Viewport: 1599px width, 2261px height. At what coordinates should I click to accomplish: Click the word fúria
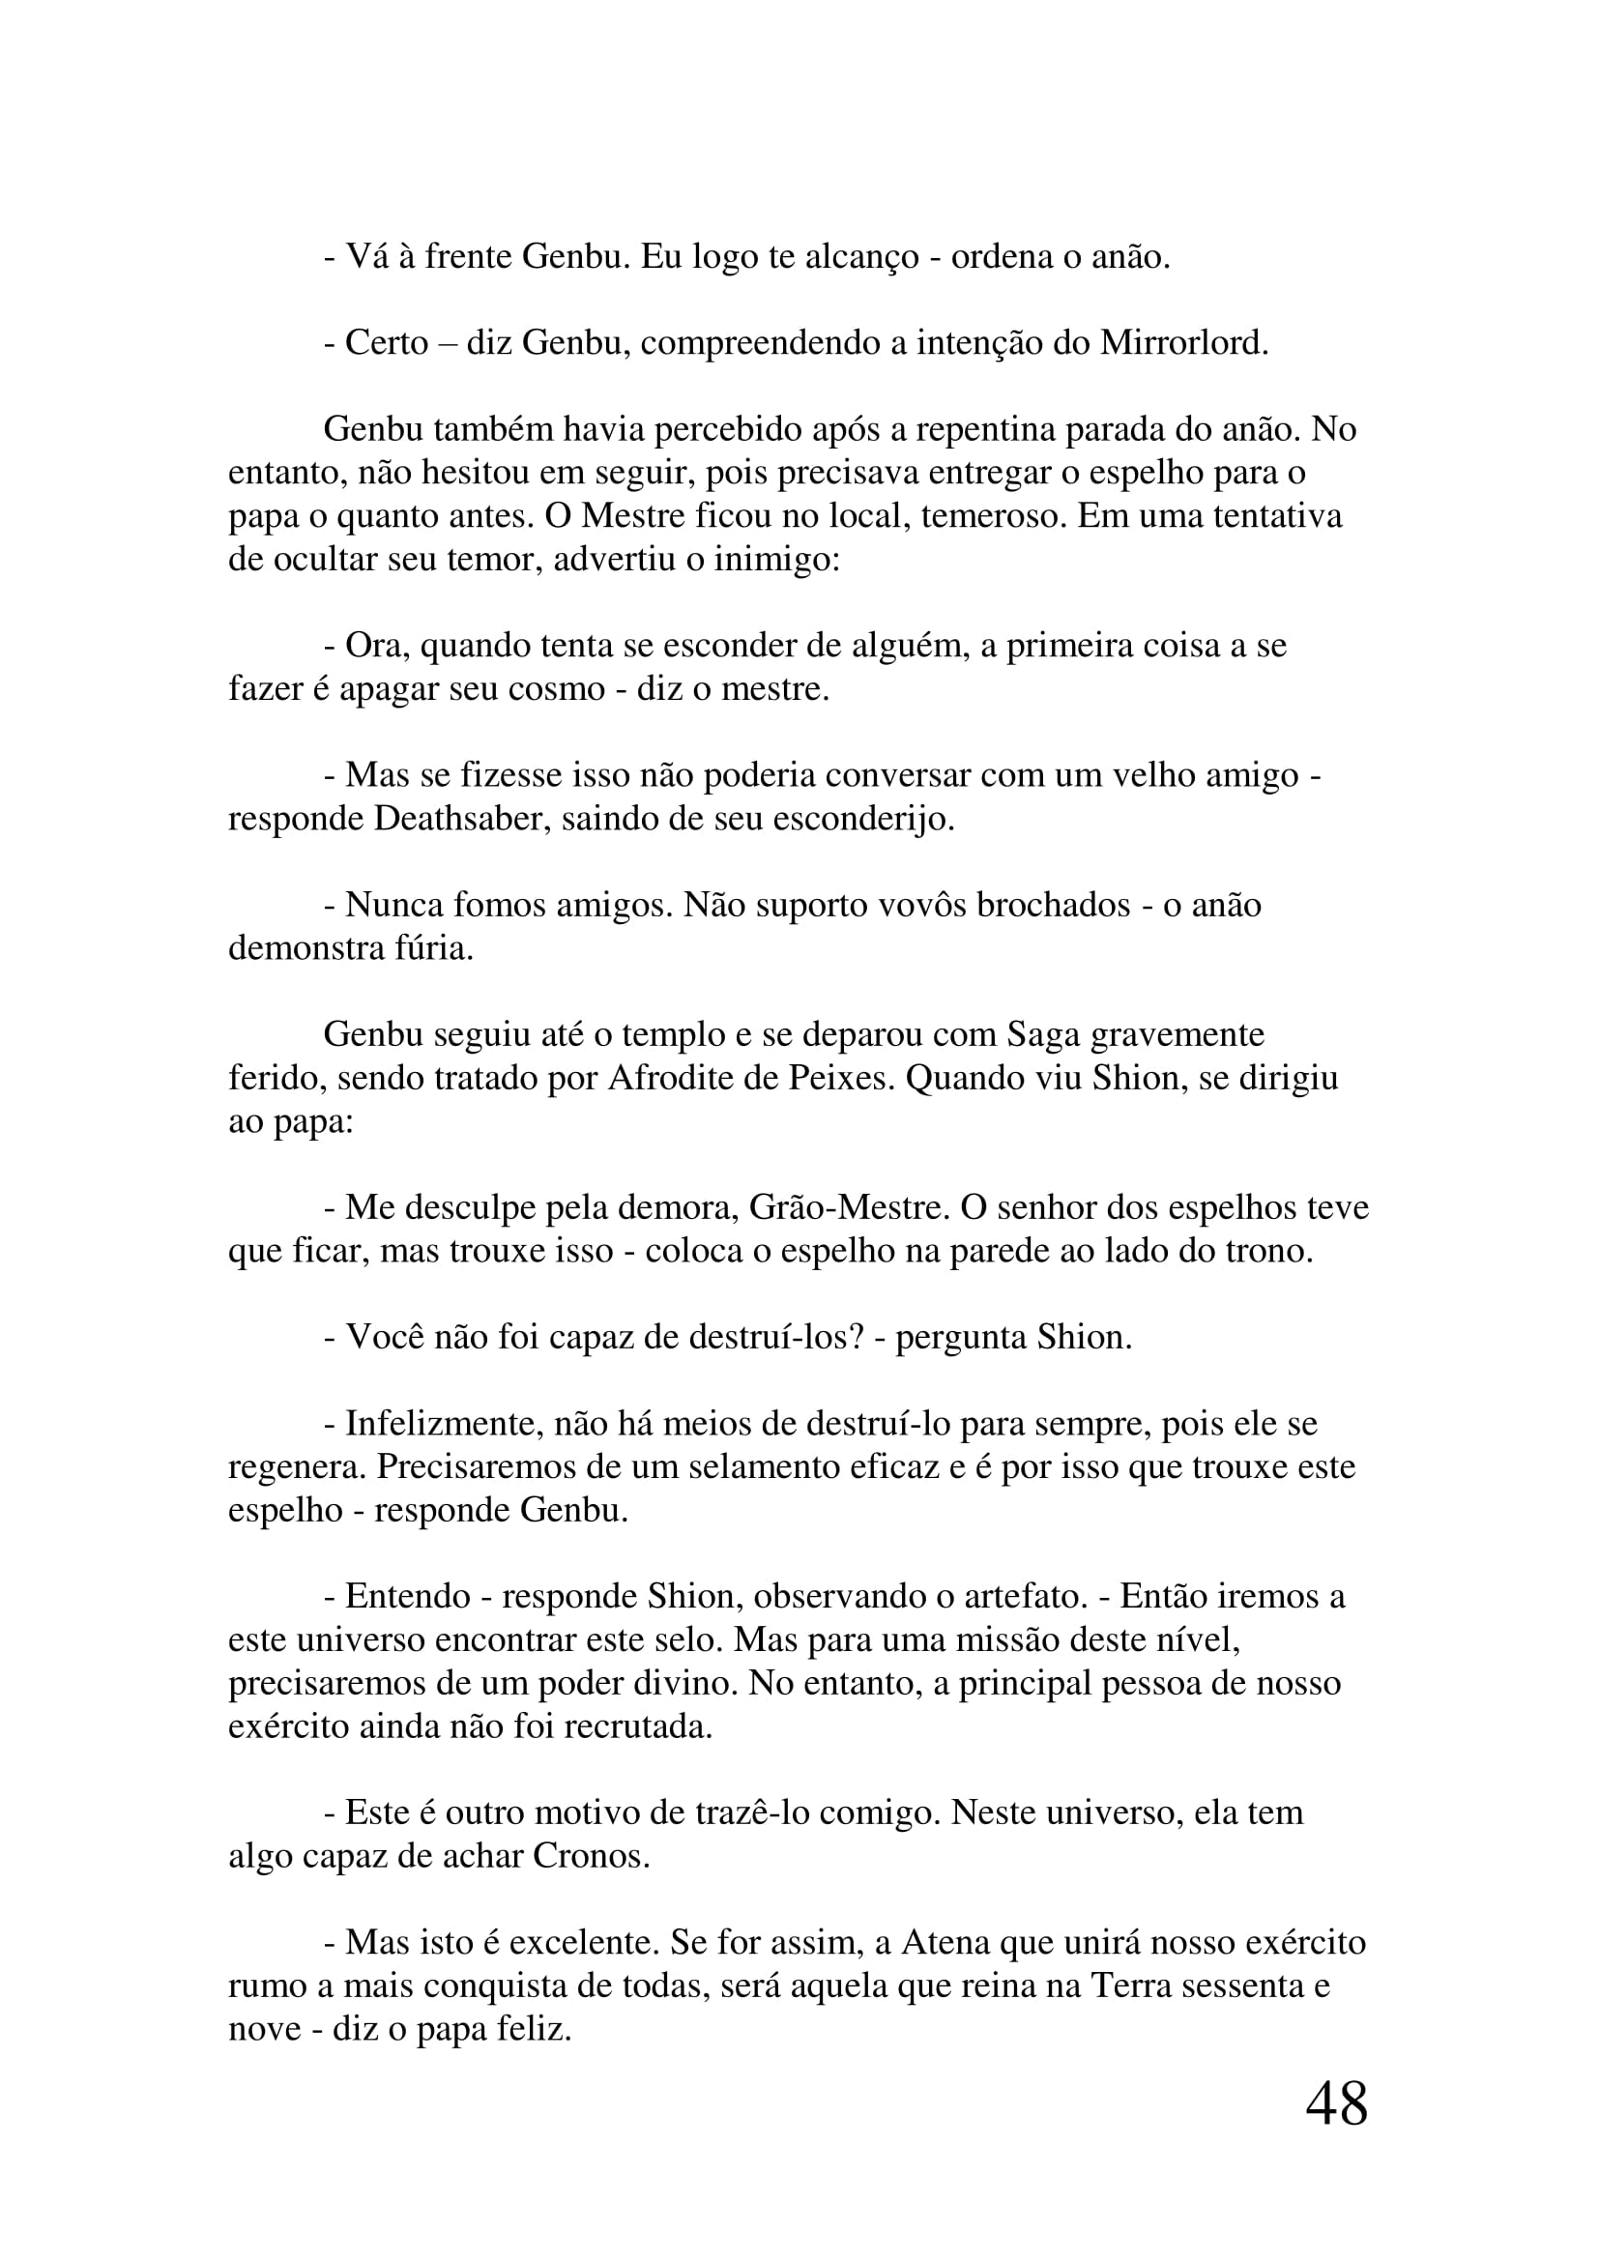pyautogui.click(x=435, y=948)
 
